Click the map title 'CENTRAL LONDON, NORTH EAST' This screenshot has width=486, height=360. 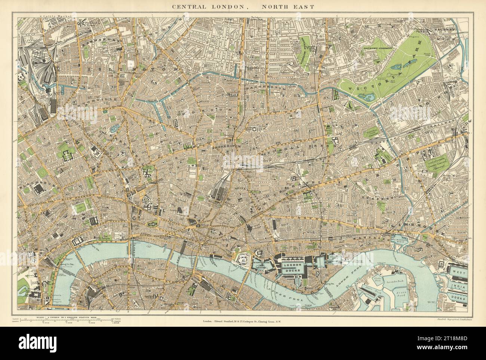(243, 6)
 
